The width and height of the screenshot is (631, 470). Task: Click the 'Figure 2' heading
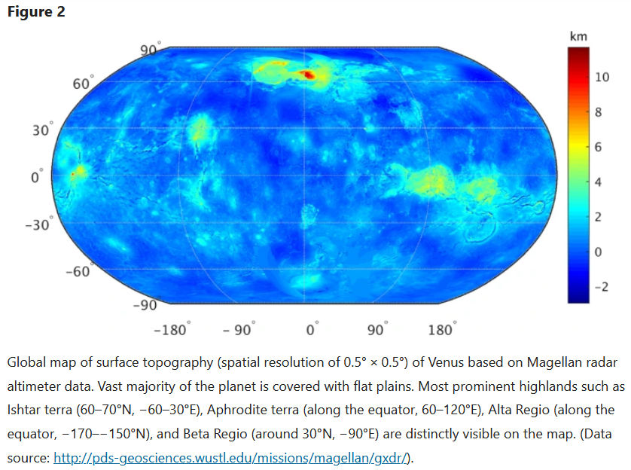[35, 12]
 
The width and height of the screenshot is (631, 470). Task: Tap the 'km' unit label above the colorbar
[578, 36]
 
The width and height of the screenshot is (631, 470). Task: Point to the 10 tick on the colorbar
[602, 78]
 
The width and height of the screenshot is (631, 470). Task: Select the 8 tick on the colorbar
[598, 113]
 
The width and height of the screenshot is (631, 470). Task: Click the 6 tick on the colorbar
[598, 148]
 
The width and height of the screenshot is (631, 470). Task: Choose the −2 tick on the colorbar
[600, 287]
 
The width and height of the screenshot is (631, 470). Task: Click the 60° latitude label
[83, 84]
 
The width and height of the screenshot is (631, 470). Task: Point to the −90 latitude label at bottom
[145, 305]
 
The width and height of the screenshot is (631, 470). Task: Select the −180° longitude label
[172, 330]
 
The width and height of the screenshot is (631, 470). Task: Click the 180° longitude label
[442, 330]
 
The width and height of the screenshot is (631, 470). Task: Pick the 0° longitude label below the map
[312, 330]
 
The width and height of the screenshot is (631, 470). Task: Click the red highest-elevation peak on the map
[308, 74]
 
